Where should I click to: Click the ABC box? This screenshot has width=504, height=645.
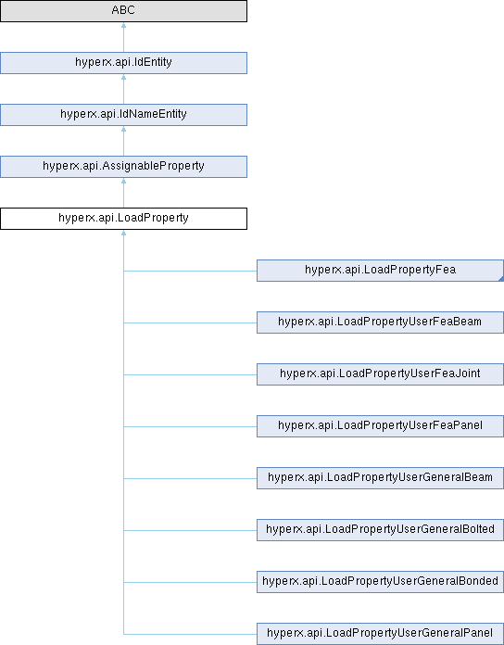pyautogui.click(x=123, y=11)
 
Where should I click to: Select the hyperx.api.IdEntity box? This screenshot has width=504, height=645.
pyautogui.click(x=123, y=63)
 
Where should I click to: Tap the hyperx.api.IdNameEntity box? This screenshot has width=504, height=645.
pyautogui.click(x=123, y=115)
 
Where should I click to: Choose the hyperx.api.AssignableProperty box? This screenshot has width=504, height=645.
pyautogui.click(x=123, y=167)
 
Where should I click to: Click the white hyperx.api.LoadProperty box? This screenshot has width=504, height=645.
pyautogui.click(x=123, y=219)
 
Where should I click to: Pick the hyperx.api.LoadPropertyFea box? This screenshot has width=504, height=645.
pyautogui.click(x=380, y=271)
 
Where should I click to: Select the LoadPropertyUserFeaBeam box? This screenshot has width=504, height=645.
pyautogui.click(x=380, y=322)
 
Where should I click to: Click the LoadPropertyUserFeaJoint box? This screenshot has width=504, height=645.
pyautogui.click(x=380, y=373)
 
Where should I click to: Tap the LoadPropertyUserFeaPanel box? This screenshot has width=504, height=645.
pyautogui.click(x=380, y=425)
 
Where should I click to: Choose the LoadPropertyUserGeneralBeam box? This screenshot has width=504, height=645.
pyautogui.click(x=380, y=477)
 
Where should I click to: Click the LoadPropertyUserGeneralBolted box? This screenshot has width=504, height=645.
pyautogui.click(x=380, y=529)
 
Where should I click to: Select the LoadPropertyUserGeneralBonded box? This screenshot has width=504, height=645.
pyautogui.click(x=380, y=581)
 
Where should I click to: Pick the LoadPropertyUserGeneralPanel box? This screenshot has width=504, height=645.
pyautogui.click(x=380, y=633)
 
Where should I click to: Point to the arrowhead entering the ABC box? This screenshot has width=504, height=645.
pyautogui.click(x=123, y=26)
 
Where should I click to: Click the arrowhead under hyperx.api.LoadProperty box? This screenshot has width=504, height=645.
pyautogui.click(x=123, y=233)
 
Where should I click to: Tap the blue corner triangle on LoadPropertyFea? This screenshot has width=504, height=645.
pyautogui.click(x=501, y=279)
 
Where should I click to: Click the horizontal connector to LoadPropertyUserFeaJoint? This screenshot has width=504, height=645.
pyautogui.click(x=190, y=374)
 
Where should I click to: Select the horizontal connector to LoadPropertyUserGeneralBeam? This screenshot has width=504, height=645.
pyautogui.click(x=190, y=478)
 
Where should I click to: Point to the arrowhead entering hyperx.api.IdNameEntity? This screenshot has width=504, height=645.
pyautogui.click(x=123, y=129)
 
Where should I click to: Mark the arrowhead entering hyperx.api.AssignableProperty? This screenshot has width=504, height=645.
pyautogui.click(x=123, y=181)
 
